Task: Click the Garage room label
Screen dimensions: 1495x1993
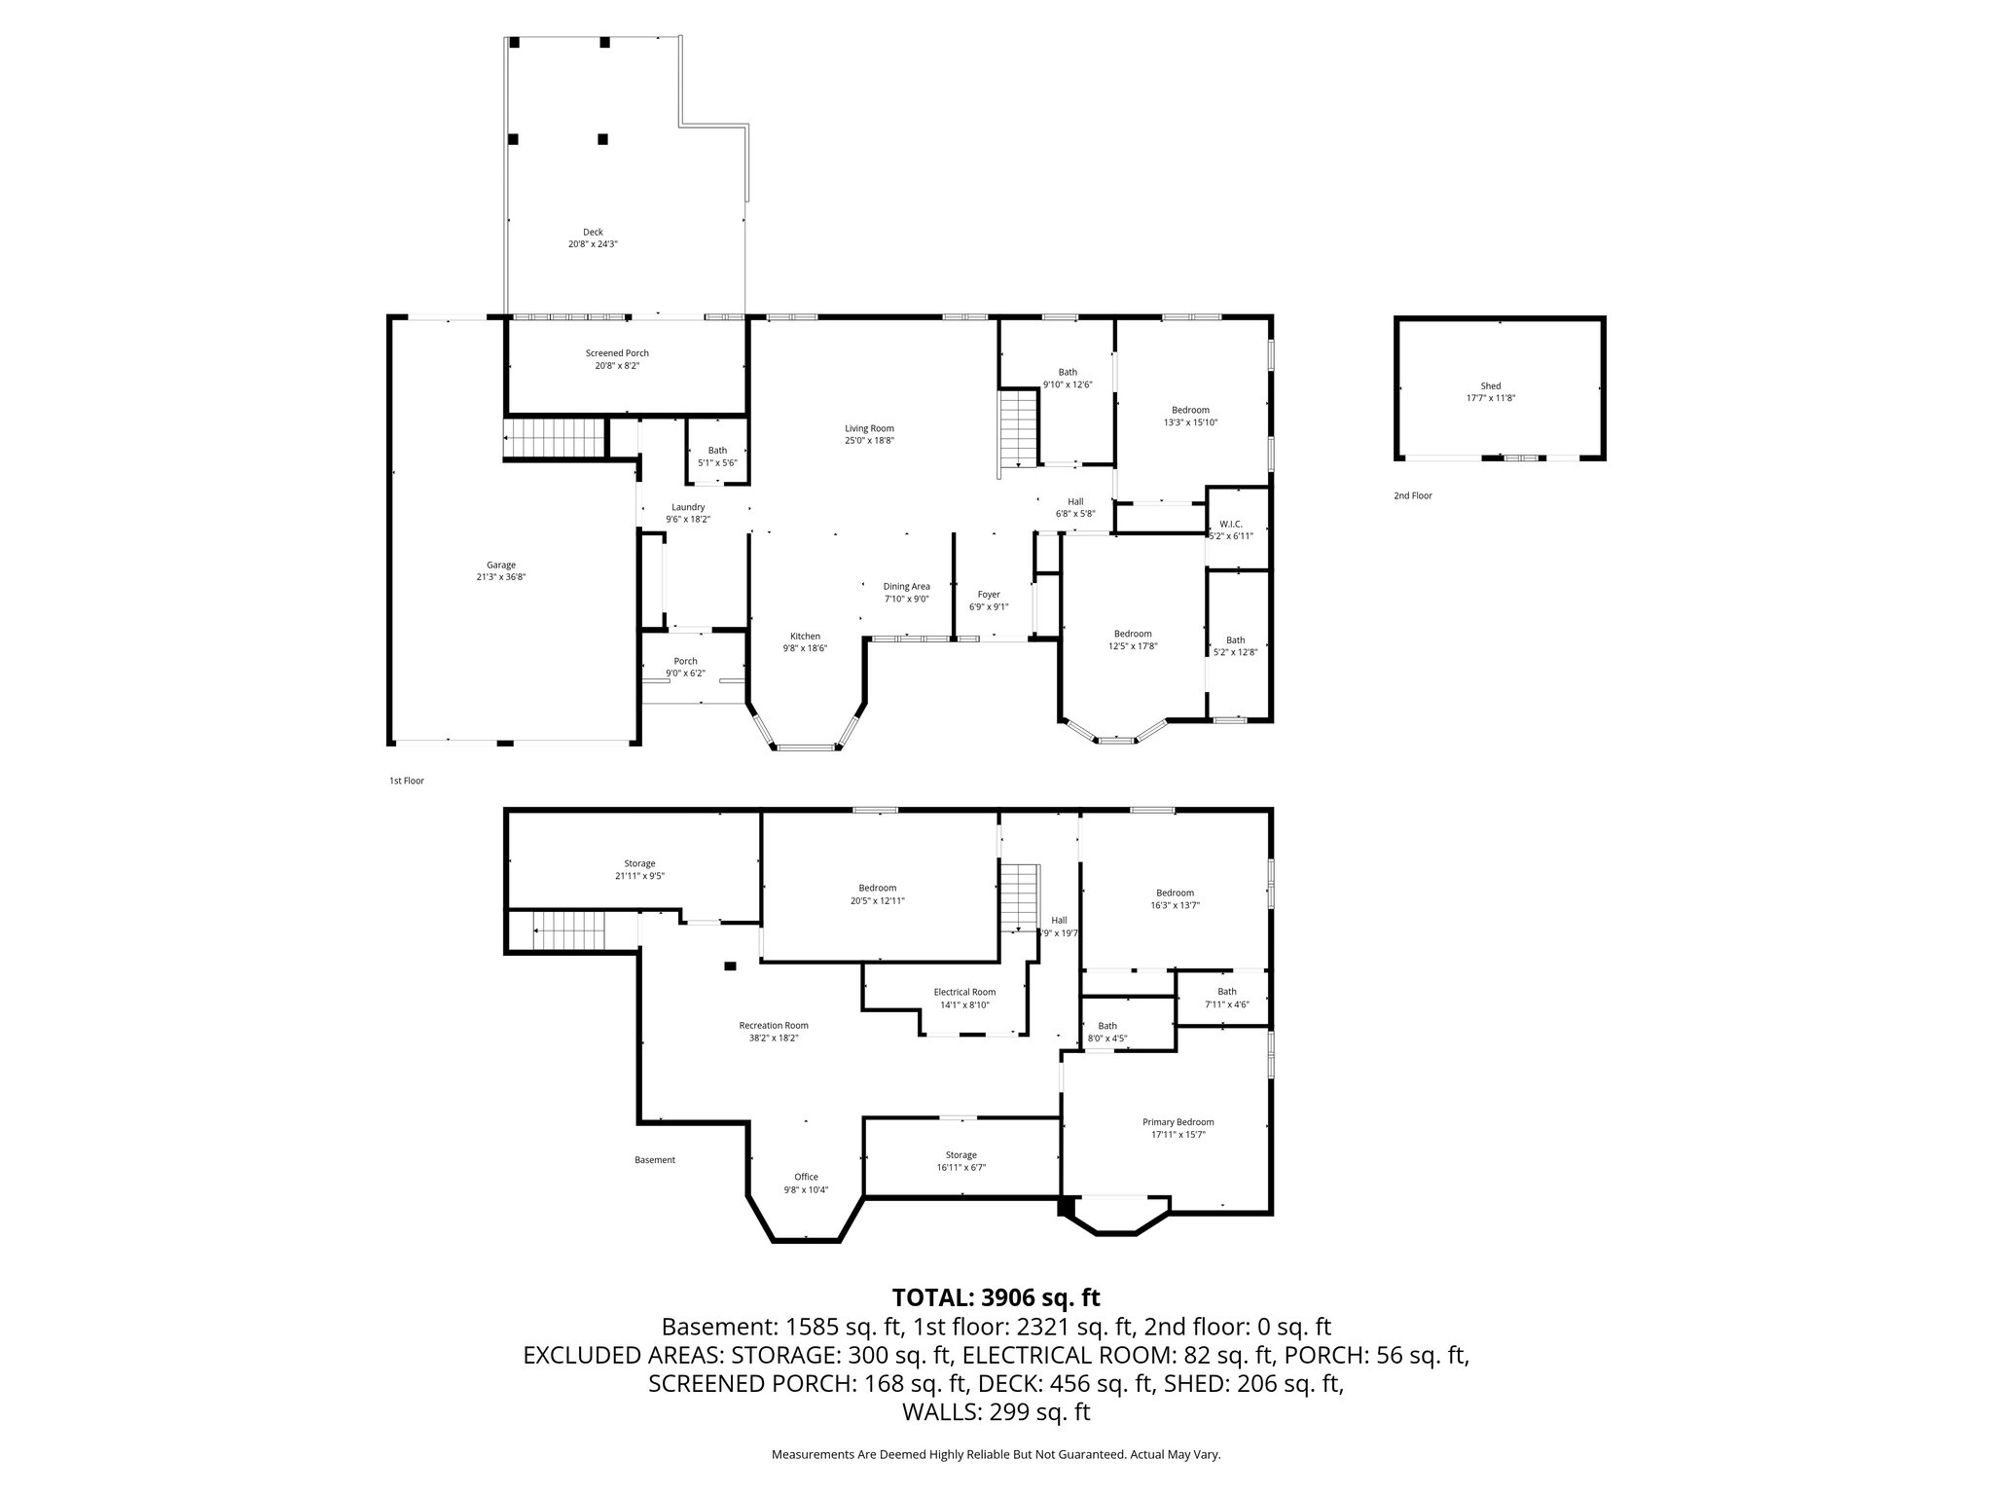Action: pos(501,565)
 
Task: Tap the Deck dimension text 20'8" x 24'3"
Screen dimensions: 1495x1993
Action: pos(593,244)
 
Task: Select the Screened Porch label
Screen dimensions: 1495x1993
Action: pos(617,353)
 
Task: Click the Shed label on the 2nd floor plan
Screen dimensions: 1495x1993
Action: pos(1490,386)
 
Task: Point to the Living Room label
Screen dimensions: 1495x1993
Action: pos(869,428)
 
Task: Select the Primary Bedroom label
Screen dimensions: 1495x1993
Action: pos(1178,1122)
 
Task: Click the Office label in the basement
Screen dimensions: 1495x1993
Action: pos(806,1177)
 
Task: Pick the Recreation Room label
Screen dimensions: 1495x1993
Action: pos(774,1025)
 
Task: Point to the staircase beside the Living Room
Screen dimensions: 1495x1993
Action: pos(1020,428)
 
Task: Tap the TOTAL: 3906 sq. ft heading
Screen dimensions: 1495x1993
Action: pos(996,1297)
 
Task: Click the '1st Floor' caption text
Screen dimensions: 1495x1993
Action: pos(407,781)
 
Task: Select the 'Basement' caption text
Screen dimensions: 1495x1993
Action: pos(655,1160)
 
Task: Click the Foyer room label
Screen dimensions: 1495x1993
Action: pos(989,594)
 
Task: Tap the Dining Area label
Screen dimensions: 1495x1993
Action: pos(906,586)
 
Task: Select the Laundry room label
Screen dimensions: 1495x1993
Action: pos(688,507)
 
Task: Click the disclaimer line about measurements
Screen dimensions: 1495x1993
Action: pos(996,1455)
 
